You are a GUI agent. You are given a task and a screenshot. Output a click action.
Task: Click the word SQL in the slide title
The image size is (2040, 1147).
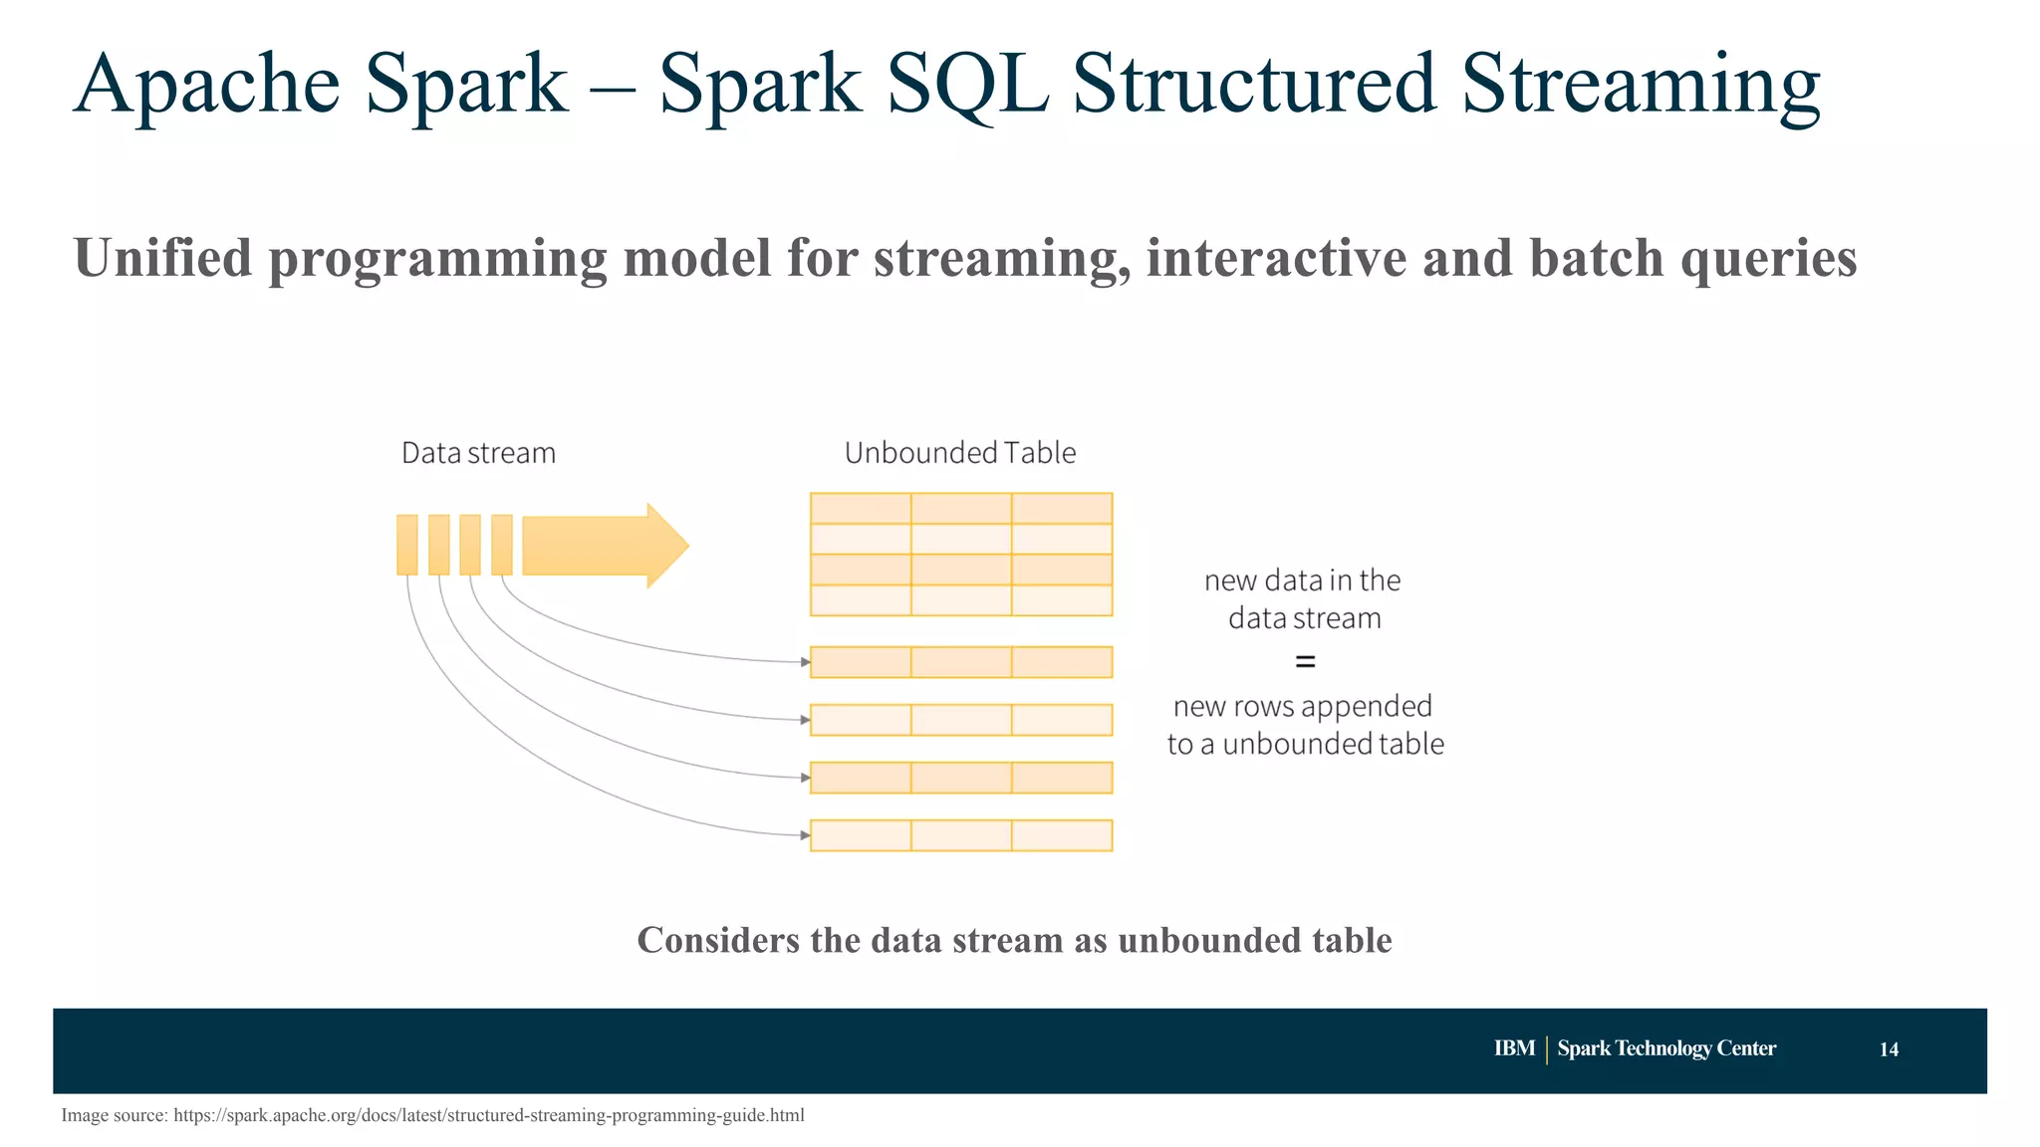966,85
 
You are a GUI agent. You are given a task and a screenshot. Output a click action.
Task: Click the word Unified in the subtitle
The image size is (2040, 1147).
162,258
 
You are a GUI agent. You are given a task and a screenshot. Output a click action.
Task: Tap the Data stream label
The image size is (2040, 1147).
478,453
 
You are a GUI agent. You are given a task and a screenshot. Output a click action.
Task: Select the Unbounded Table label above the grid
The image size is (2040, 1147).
960,453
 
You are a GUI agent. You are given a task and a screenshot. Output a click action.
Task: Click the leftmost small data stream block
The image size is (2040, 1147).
406,545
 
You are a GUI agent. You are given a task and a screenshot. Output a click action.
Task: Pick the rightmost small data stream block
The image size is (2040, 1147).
501,545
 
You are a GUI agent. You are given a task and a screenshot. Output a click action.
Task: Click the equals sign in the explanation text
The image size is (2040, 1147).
1305,661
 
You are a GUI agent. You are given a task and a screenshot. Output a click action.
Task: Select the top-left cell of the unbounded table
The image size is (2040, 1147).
861,509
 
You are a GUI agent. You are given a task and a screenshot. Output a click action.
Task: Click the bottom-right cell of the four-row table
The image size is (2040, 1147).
1062,600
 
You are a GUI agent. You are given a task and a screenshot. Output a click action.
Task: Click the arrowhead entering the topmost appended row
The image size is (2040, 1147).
805,662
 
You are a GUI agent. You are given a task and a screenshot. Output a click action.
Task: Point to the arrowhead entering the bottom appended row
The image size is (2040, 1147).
805,835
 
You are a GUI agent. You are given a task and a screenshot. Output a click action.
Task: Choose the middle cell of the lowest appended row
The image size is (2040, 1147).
961,835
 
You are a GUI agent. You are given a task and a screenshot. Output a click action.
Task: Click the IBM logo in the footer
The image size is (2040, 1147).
1514,1048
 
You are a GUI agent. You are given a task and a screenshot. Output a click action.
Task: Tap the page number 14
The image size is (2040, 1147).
1889,1049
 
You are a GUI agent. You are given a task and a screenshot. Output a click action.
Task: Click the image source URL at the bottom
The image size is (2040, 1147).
488,1115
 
